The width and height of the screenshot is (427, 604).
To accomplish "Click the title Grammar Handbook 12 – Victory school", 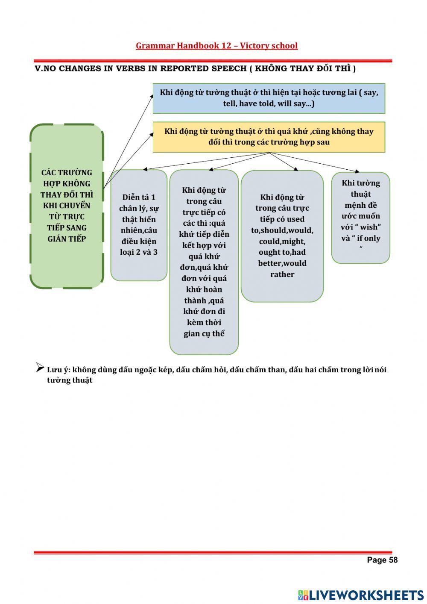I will coord(216,46).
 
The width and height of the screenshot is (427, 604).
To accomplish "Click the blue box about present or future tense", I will coord(269,98).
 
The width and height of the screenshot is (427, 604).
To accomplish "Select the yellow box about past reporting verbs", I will coord(269,137).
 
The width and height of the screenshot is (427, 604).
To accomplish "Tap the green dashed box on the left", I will coord(67,206).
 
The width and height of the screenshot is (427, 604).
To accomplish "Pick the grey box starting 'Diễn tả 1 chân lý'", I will coord(139,225).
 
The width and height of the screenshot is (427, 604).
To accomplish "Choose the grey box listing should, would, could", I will coord(282,236).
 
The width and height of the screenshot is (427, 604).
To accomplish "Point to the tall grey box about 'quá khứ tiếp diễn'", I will coord(204,262).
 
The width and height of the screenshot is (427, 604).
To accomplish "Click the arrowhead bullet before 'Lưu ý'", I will coord(40,368).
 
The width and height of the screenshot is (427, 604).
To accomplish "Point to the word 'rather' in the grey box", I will coord(282,274).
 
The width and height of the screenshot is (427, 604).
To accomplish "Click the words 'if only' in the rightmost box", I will coord(369,238).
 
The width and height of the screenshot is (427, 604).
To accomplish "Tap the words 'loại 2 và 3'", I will coord(139,252).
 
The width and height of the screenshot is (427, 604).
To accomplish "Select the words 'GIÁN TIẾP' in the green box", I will coord(67,239).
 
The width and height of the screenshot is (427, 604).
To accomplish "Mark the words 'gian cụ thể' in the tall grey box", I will coord(204,333).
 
